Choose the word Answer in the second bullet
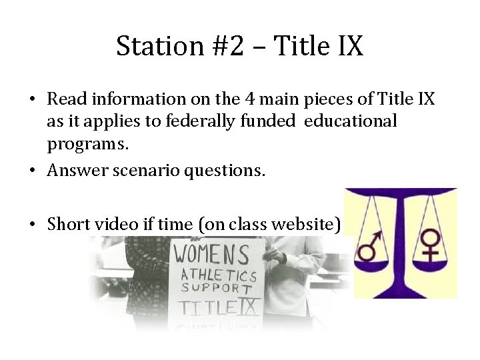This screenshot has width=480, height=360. click(75, 171)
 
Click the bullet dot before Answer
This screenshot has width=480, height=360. click(32, 171)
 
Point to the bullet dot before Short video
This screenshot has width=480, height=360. click(32, 225)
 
